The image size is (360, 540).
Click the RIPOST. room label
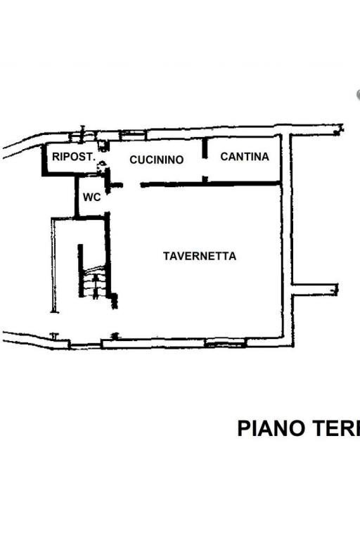point(73,157)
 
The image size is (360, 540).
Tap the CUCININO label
point(156,160)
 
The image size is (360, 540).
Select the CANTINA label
point(244,157)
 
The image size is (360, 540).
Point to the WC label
point(91,198)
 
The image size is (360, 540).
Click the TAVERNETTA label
point(200,257)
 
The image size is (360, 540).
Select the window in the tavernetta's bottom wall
point(225,343)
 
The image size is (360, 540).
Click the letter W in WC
point(88,198)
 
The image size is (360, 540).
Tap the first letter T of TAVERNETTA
point(166,257)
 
